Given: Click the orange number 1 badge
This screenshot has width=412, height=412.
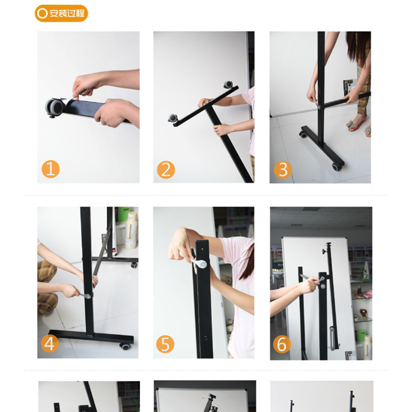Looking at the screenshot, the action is pos(50,169).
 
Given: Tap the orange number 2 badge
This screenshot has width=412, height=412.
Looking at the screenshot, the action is pos(166,170).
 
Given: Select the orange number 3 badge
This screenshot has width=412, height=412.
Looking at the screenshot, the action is pos(283,170).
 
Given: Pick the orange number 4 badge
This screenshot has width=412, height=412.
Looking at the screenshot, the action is pos(49,344).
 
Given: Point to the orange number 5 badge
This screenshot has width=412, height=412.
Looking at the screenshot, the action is pos(165,344).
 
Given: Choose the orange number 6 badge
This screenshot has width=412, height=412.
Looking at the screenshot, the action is pos(282,344).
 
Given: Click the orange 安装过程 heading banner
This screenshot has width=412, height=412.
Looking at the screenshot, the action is pos(61,13).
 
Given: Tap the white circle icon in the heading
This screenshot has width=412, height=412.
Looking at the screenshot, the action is pos(42,13).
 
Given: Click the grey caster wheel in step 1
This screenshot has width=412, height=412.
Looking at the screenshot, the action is pos(55,108).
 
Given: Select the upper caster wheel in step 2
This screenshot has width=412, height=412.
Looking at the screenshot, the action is pos(228,84).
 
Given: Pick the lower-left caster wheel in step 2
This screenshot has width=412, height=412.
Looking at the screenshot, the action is pos(173,118).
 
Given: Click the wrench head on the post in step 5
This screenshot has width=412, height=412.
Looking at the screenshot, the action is pos(202,264).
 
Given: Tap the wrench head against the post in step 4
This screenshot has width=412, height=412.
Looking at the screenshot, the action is pos(88,297).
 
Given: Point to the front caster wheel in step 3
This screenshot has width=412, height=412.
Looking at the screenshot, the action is pos(336,167).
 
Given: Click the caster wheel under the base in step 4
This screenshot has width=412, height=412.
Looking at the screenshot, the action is pos(125,346).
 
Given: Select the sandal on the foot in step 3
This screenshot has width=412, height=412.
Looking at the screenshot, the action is pos(355,124).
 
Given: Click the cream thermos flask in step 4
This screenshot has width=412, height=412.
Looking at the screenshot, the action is pos(131,231).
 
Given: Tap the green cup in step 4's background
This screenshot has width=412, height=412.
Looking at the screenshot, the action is pos(124,214).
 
